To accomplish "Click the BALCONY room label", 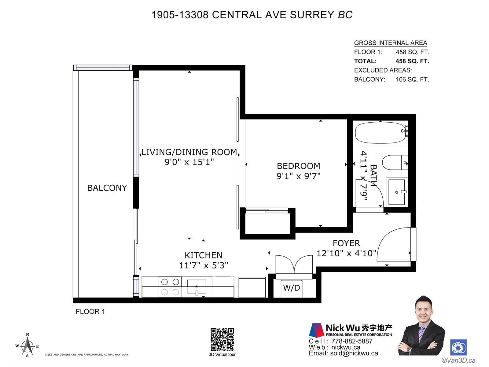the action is point(107,188).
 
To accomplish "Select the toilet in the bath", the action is point(395,162).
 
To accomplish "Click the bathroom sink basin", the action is point(397,192).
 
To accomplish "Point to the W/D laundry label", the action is point(291,288).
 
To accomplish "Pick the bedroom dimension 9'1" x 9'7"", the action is point(298,176).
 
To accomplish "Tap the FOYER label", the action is point(346,243).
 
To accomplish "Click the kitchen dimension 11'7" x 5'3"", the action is point(204,265).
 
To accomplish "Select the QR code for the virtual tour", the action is point(222,339).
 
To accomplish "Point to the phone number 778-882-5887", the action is point(352,341).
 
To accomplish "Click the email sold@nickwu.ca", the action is point(354,353).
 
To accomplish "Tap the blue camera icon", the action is point(458,347).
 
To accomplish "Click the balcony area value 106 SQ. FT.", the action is point(412,79).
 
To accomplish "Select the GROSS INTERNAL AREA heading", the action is point(391,43).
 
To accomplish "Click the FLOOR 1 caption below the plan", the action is point(90,311).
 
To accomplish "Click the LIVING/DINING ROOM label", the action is point(189,152).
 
